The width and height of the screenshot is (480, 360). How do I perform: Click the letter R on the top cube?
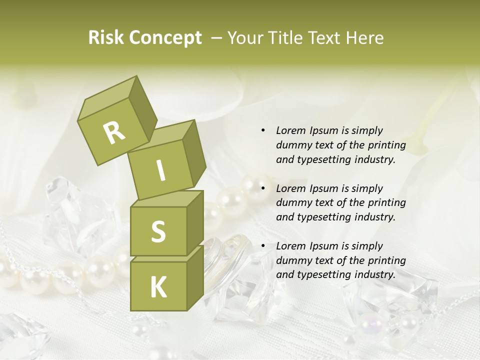[x=114, y=132]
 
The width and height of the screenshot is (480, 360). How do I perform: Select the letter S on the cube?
[x=158, y=231]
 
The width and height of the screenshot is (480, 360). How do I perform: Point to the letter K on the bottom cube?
[x=158, y=287]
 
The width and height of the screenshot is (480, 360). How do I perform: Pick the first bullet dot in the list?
[x=263, y=130]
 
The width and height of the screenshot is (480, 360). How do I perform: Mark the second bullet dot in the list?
[x=263, y=188]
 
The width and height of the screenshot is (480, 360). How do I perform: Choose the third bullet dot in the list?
[x=263, y=246]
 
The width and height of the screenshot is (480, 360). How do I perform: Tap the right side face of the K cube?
[x=195, y=277]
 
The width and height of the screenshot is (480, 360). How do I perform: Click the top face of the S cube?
[x=166, y=199]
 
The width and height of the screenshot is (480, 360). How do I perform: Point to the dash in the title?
[x=217, y=38]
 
